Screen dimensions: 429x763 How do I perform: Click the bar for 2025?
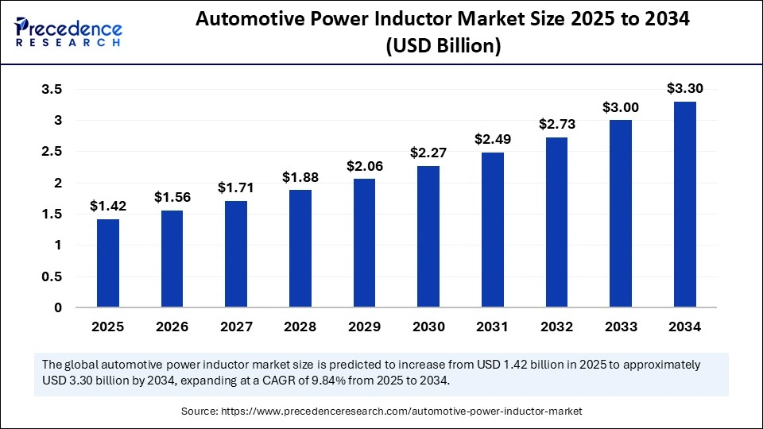108,263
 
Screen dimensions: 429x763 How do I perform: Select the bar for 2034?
685,204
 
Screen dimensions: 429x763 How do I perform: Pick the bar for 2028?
300,248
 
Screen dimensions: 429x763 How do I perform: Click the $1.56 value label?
172,196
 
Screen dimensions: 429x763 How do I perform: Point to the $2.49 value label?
492,139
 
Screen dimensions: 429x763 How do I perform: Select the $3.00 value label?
621,107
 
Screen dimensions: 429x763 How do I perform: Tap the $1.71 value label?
236,187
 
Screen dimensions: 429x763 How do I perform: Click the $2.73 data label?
556,124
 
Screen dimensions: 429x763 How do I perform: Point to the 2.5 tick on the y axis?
52,152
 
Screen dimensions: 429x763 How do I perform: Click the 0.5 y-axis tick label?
52,276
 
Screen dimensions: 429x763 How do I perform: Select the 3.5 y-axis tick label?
52,90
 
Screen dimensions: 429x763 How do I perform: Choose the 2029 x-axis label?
364,327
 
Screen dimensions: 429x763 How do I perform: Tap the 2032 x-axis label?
556,327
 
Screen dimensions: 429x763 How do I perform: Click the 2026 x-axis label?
172,327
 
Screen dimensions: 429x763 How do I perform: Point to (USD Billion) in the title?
443,47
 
